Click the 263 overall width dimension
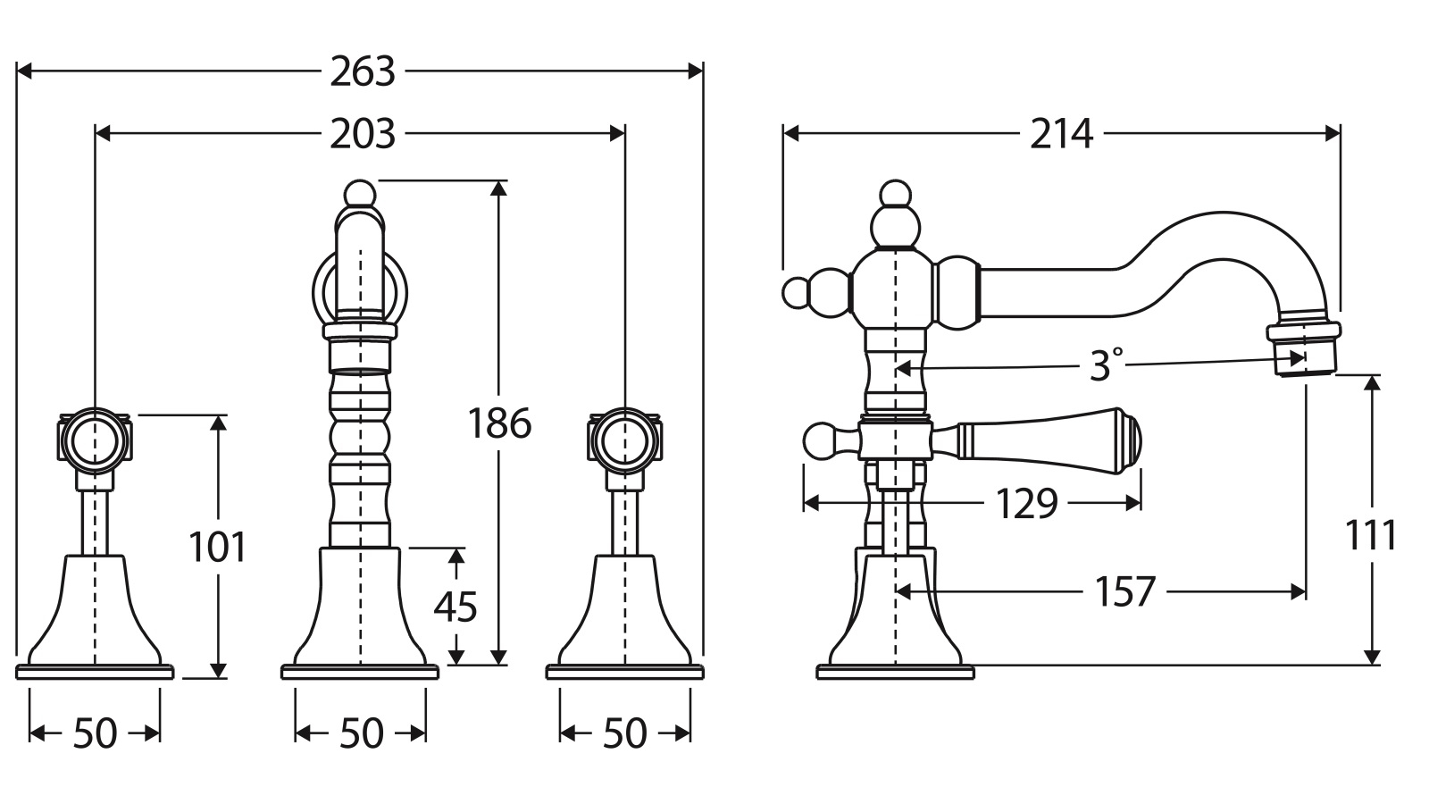[x=363, y=71]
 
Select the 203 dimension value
[x=363, y=134]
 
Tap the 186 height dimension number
[x=499, y=423]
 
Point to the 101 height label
[x=218, y=547]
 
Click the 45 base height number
[x=455, y=607]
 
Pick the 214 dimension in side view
[x=1062, y=134]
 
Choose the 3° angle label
[x=1107, y=365]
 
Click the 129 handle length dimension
[x=1026, y=504]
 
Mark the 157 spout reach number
[x=1125, y=591]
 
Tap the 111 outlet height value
[x=1370, y=535]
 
